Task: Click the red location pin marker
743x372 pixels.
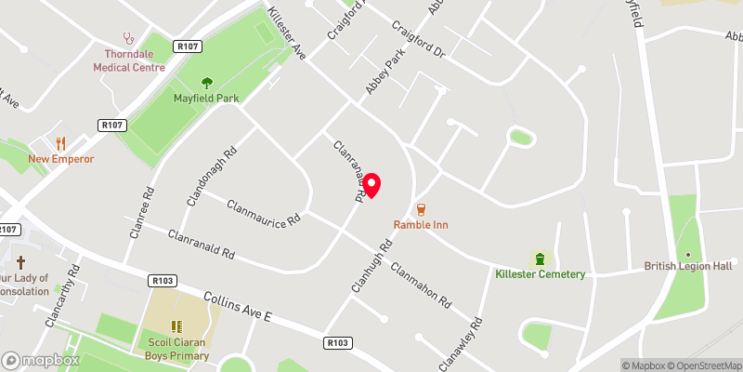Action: tap(371, 184)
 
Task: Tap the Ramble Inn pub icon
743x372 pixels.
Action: tap(421, 208)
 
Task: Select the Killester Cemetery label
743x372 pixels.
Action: tap(540, 273)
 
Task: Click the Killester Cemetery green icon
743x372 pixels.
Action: tap(539, 258)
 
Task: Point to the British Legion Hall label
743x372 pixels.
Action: tap(688, 266)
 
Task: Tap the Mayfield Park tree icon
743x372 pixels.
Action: tap(206, 82)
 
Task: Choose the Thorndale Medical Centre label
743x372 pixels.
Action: tap(129, 60)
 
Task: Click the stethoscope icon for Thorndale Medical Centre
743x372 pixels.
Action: tap(129, 40)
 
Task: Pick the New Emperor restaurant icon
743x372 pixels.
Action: tap(61, 143)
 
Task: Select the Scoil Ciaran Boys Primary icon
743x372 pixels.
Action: tap(176, 326)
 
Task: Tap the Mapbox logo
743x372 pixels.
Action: tap(40, 360)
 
